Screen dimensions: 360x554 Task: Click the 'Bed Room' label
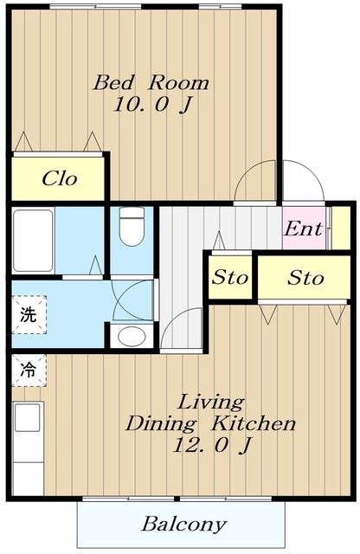pyautogui.click(x=151, y=82)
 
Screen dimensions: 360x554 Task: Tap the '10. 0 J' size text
pyautogui.click(x=152, y=104)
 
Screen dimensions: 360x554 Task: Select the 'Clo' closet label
pyautogui.click(x=59, y=178)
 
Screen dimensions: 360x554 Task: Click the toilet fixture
pyautogui.click(x=132, y=226)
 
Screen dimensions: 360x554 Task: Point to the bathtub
pyautogui.click(x=33, y=241)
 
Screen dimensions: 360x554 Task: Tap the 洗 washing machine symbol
pyautogui.click(x=29, y=314)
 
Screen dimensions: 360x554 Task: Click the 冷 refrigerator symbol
pyautogui.click(x=29, y=370)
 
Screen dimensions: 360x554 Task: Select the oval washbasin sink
pyautogui.click(x=132, y=337)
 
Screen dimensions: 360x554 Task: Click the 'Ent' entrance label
pyautogui.click(x=304, y=229)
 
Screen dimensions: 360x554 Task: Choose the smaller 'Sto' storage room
pyautogui.click(x=230, y=277)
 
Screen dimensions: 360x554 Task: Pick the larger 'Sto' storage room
pyautogui.click(x=304, y=278)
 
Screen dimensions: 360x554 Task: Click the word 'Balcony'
pyautogui.click(x=183, y=525)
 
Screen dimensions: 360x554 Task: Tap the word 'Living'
pyautogui.click(x=211, y=403)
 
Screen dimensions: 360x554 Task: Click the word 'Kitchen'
pyautogui.click(x=253, y=423)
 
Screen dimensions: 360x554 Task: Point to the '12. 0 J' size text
pyautogui.click(x=212, y=445)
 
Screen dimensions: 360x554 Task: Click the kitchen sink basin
pyautogui.click(x=27, y=417)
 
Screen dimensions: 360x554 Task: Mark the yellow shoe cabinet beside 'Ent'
pyautogui.click(x=341, y=229)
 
